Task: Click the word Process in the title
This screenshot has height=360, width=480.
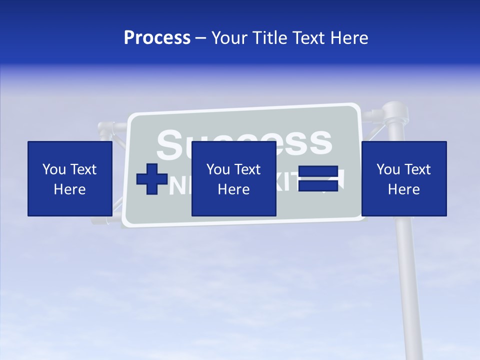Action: pyautogui.click(x=157, y=38)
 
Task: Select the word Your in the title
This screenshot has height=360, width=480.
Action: pyautogui.click(x=227, y=38)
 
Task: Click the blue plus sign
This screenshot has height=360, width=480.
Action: pyautogui.click(x=152, y=179)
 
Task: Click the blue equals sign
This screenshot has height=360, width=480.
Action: pyautogui.click(x=318, y=178)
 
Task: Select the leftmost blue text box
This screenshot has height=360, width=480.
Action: pyautogui.click(x=69, y=178)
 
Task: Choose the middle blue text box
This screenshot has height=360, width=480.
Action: pyautogui.click(x=233, y=178)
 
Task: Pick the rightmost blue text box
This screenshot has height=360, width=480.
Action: pyautogui.click(x=403, y=178)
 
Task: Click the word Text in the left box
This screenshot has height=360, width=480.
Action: pyautogui.click(x=83, y=169)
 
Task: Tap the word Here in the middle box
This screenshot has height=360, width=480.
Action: pyautogui.click(x=233, y=189)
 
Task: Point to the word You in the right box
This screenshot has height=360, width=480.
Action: pyautogui.click(x=388, y=169)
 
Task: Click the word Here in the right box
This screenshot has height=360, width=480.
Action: pyautogui.click(x=403, y=189)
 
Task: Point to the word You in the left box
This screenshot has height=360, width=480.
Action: pyautogui.click(x=54, y=169)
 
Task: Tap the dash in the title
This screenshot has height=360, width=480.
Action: pyautogui.click(x=201, y=38)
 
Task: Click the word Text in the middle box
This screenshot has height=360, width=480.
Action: pyautogui.click(x=247, y=169)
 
